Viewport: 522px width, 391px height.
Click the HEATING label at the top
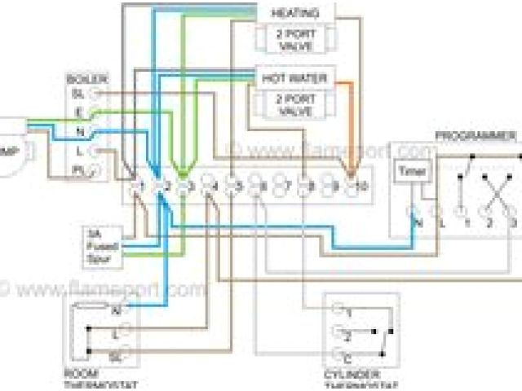click(x=294, y=13)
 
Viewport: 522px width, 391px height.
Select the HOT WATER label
click(x=294, y=79)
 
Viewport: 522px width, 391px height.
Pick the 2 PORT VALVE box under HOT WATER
click(x=294, y=103)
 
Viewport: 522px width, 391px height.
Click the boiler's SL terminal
click(x=95, y=95)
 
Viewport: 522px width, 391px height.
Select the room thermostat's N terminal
click(x=115, y=310)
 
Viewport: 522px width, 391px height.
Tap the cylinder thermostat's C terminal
click(x=338, y=357)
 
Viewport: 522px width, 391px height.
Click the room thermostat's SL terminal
click(x=115, y=356)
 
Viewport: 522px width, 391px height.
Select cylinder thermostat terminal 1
click(x=338, y=312)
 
